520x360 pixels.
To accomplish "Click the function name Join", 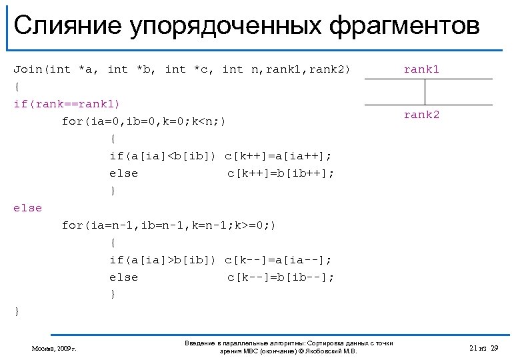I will (x=27, y=69).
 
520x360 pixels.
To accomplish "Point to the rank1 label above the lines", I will (x=421, y=69).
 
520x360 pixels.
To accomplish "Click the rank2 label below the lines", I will (x=421, y=115).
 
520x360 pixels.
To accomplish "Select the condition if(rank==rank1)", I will (x=67, y=104).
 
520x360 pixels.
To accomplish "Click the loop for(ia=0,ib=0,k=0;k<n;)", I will (x=144, y=121).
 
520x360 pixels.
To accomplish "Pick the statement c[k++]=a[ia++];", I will (x=278, y=156).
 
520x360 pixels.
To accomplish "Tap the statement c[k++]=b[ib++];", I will (x=281, y=173).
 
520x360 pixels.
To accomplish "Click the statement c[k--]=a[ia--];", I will (x=278, y=259).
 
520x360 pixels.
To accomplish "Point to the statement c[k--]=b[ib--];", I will (x=281, y=277).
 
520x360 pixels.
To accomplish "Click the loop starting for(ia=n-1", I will (x=168, y=225).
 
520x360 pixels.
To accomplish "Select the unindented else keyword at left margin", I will (x=27, y=208).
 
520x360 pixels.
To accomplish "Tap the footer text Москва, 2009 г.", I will (x=54, y=348).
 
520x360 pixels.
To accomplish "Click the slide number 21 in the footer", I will (x=473, y=348).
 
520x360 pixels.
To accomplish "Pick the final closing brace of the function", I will (x=17, y=311).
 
